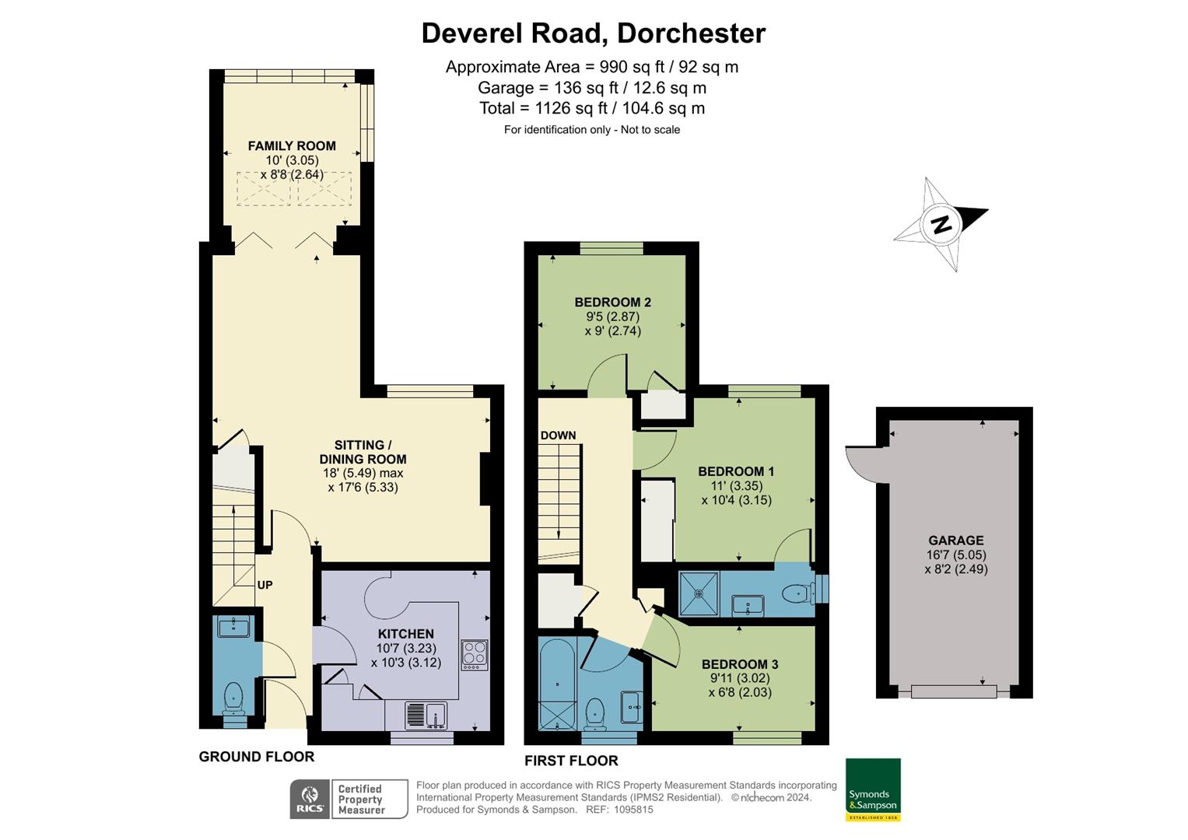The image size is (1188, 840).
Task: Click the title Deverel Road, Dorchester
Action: (x=593, y=33)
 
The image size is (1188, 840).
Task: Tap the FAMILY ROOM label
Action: (x=292, y=146)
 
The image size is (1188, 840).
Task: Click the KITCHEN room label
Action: (x=405, y=634)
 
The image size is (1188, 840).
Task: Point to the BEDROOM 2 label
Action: (x=612, y=303)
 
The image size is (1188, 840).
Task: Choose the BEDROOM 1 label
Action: (x=736, y=471)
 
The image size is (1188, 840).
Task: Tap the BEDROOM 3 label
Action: (x=740, y=664)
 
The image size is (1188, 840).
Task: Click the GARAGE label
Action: (x=955, y=541)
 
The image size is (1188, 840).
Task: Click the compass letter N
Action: (x=941, y=225)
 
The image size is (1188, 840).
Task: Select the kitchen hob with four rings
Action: (x=475, y=655)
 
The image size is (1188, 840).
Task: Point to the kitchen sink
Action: (x=426, y=714)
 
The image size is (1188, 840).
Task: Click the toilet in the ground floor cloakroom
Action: (x=233, y=698)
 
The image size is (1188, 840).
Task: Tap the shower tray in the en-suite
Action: (x=699, y=593)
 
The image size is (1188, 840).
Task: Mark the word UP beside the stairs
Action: (x=265, y=585)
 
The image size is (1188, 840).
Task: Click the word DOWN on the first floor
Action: (x=558, y=436)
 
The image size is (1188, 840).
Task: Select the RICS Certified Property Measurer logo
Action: (x=349, y=800)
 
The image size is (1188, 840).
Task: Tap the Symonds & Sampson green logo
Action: (x=873, y=789)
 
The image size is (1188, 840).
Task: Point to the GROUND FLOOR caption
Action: (x=256, y=757)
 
